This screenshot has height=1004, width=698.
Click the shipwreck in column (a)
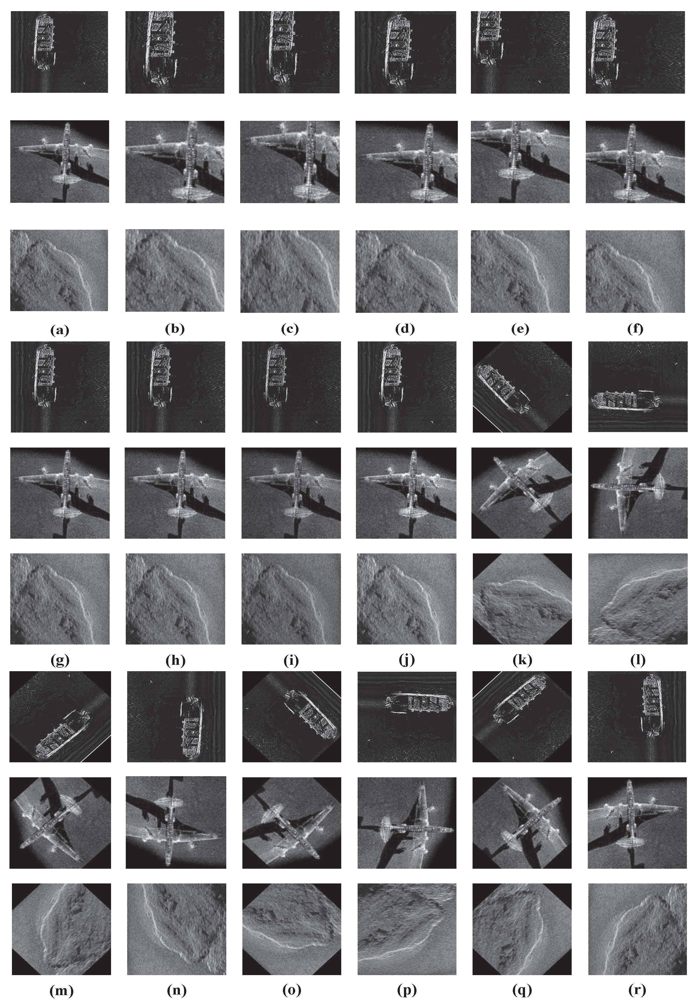45,42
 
